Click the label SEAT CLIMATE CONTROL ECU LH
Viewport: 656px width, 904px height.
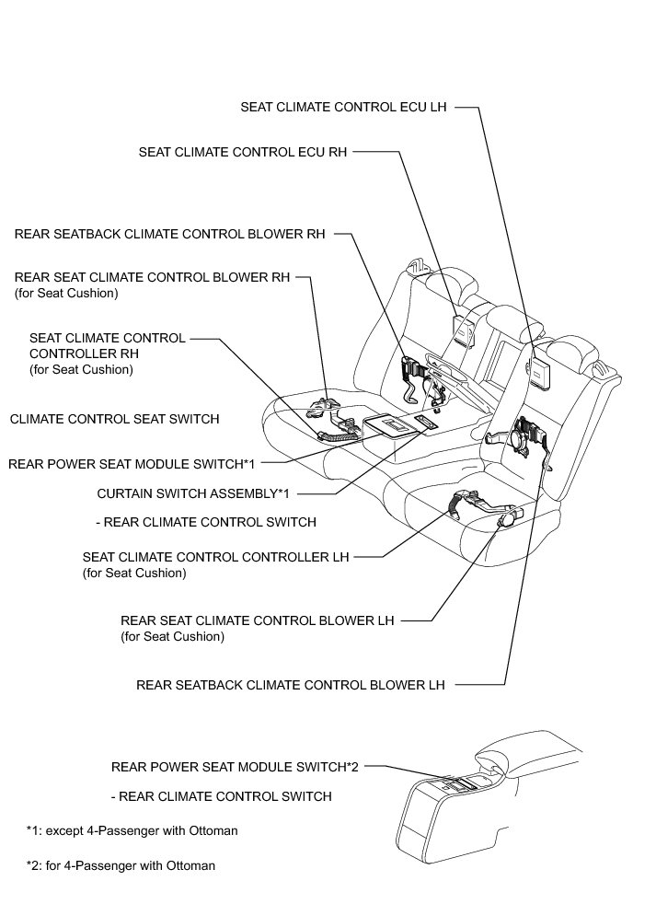click(343, 107)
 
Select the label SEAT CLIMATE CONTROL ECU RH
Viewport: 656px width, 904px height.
click(242, 152)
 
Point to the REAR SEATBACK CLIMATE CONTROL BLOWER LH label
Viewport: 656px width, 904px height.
click(290, 685)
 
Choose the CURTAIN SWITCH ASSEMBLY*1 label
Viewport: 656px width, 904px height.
click(192, 493)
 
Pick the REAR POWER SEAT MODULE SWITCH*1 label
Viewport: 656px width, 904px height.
click(131, 463)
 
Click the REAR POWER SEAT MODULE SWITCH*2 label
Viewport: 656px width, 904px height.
click(234, 766)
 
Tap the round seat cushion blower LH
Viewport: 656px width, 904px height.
click(505, 520)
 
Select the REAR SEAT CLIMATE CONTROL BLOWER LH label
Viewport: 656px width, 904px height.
click(257, 620)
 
